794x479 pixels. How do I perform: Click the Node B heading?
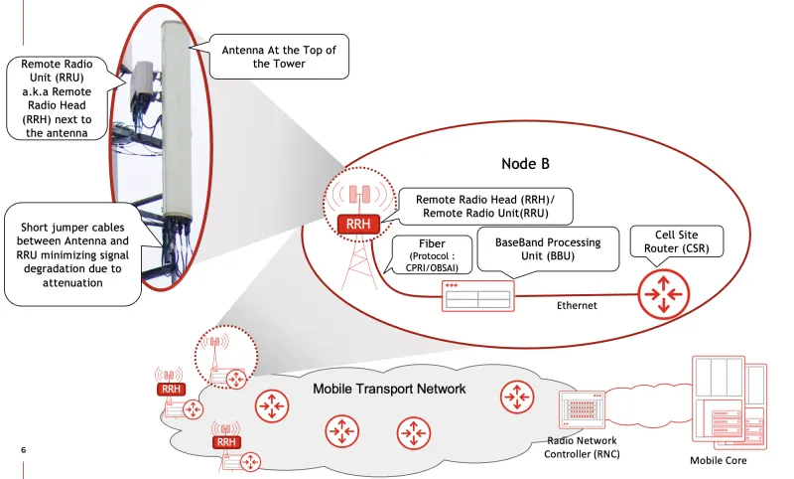(x=525, y=164)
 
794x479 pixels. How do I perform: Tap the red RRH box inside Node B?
(x=358, y=225)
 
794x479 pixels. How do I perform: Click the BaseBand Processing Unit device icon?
(x=479, y=294)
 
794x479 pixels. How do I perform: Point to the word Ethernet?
(x=577, y=305)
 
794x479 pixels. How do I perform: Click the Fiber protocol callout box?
(x=430, y=254)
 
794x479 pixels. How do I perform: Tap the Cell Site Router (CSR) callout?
(x=677, y=240)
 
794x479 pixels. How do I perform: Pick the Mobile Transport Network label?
(x=389, y=389)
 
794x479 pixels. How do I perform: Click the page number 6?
(x=24, y=450)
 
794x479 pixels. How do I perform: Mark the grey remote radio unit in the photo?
(x=146, y=86)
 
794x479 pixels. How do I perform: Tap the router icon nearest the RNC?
(x=515, y=397)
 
